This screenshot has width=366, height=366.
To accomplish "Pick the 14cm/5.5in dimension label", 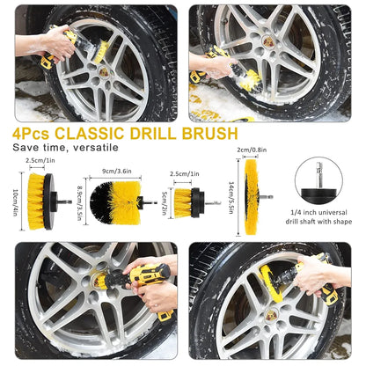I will coord(231,200).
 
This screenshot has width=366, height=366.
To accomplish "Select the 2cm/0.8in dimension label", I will coord(253,150).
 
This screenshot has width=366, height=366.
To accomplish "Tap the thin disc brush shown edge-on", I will coord(253,198).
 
